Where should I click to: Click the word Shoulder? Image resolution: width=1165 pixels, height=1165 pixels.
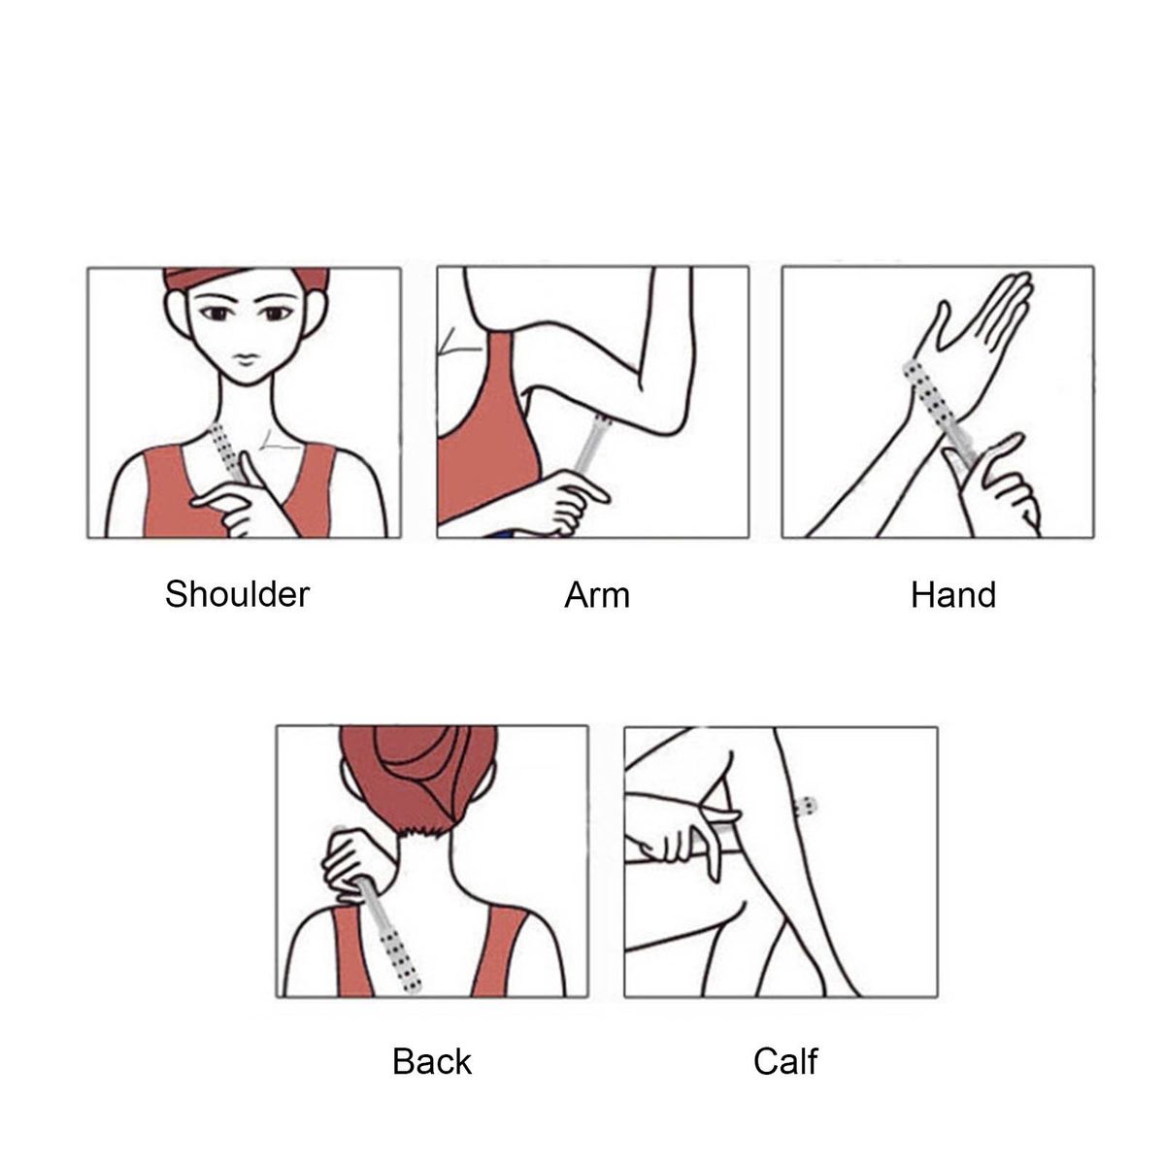click(x=237, y=594)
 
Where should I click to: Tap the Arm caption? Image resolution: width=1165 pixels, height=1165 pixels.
click(x=597, y=595)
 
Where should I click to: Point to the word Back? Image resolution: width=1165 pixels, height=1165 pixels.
click(x=432, y=1062)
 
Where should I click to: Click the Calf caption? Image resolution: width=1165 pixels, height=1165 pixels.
click(x=785, y=1062)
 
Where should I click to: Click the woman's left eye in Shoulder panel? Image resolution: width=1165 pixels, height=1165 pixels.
click(x=277, y=314)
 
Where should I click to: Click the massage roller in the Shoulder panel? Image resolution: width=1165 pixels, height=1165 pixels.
click(x=227, y=451)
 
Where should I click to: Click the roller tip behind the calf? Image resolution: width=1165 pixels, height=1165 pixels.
click(x=807, y=806)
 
